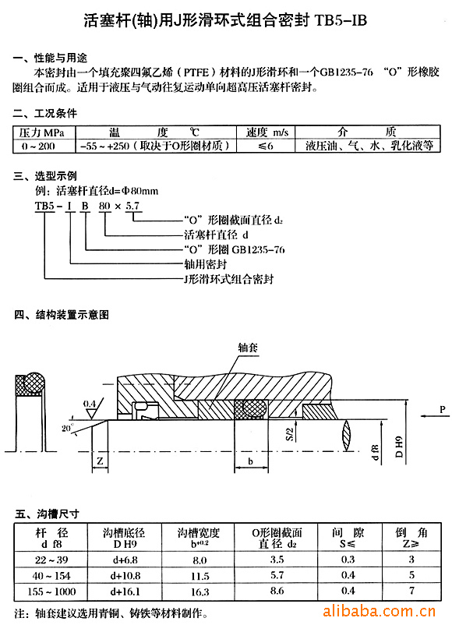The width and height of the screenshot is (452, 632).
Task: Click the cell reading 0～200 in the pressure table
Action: tap(38, 146)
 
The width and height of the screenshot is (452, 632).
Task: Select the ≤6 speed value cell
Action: tap(265, 146)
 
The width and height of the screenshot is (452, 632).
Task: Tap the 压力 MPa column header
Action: tap(42, 132)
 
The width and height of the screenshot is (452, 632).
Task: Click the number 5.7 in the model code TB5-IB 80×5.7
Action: tap(132, 206)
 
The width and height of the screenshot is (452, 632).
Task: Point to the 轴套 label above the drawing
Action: tap(248, 347)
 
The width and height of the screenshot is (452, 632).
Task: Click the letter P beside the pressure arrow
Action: tap(443, 409)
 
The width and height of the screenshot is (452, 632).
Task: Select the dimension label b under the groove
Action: tap(250, 461)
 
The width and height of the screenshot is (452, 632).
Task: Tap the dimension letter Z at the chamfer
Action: tap(100, 461)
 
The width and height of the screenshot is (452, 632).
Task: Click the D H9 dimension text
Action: tap(399, 447)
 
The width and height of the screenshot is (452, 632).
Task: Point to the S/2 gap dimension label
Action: tap(289, 434)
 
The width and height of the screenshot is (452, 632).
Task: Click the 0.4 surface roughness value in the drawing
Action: tap(89, 404)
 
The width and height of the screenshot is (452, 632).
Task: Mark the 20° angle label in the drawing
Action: tap(67, 428)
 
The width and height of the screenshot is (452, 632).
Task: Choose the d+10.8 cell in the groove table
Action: tap(125, 576)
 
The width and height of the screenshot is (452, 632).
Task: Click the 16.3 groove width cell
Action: tap(200, 591)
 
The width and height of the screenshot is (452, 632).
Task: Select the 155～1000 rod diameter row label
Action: tap(51, 591)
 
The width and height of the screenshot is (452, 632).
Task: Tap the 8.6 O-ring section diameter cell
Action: tap(277, 591)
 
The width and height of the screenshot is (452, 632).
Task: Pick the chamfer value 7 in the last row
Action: tap(411, 591)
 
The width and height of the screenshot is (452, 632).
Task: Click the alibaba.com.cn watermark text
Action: tap(379, 611)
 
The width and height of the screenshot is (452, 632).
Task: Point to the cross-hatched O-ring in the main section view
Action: tap(250, 408)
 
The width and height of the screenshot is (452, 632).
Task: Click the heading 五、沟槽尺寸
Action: tap(47, 514)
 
